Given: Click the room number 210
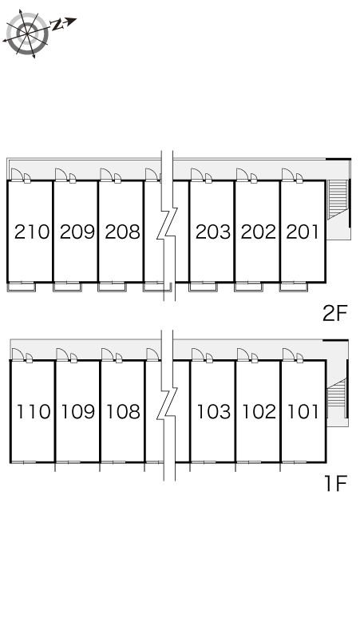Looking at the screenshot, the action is (32, 232).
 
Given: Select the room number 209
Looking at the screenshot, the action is (77, 232).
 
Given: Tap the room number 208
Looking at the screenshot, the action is (122, 232).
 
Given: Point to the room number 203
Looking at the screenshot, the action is (213, 232).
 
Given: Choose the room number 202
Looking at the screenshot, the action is (259, 232).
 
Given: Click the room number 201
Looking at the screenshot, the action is (302, 232).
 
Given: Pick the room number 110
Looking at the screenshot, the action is (33, 411).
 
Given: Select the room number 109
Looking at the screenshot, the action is (78, 411).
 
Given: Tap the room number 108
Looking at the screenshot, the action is (123, 411).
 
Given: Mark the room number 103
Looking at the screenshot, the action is (213, 411).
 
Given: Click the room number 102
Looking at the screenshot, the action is (259, 411).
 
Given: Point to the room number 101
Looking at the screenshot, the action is (303, 411).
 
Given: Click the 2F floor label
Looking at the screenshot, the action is (334, 314).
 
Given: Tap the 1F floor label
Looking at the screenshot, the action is (335, 484).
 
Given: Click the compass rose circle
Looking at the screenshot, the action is (27, 34).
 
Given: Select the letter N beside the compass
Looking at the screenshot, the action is (58, 26).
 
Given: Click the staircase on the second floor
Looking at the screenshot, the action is (337, 199).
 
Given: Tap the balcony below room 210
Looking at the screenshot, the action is (22, 287).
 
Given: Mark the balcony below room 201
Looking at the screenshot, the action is (294, 287).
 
